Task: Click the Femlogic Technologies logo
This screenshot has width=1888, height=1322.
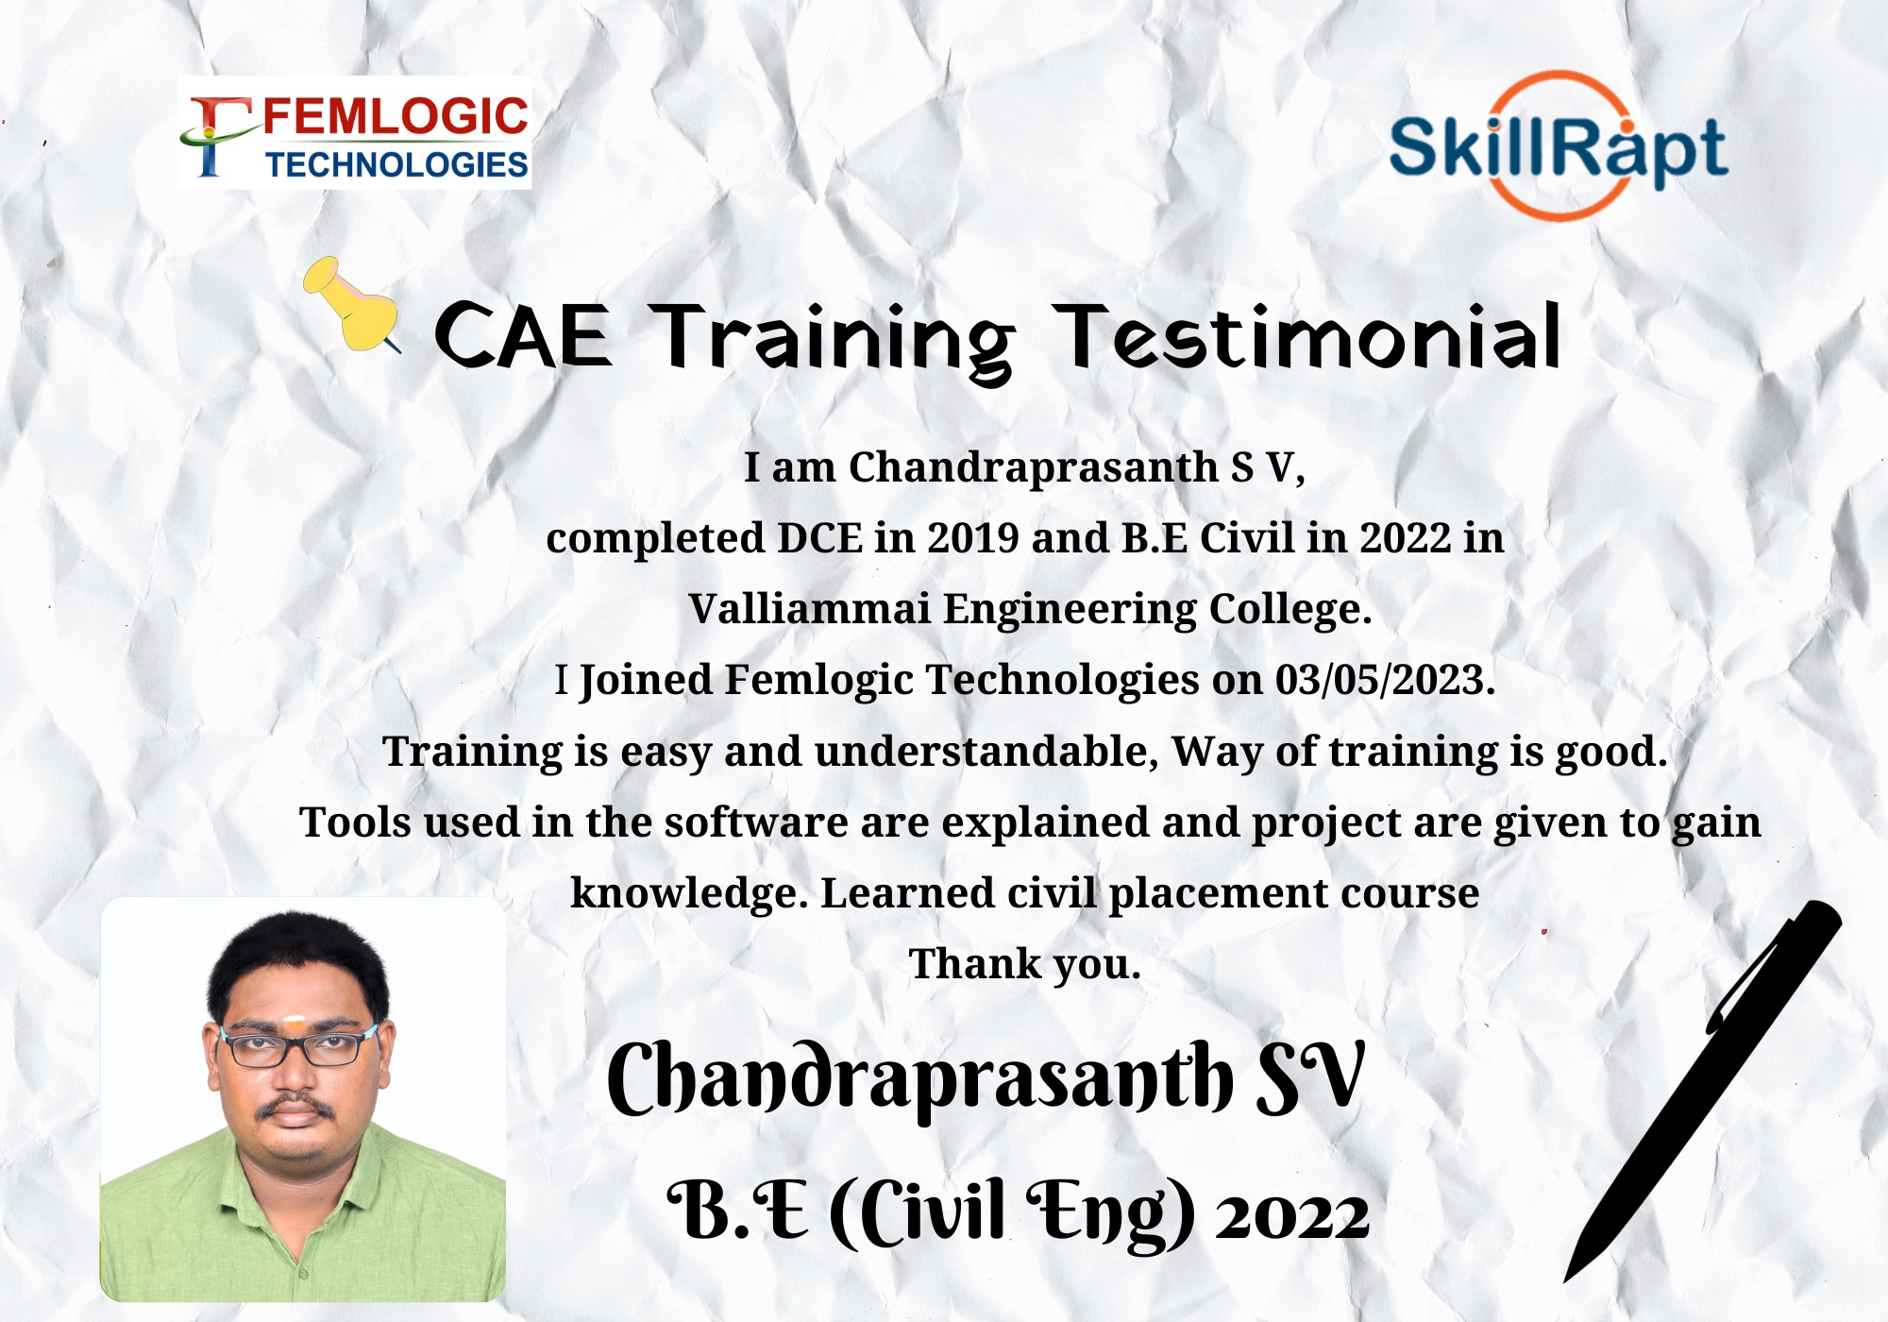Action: pyautogui.click(x=355, y=133)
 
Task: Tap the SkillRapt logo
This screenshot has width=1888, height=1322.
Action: pyautogui.click(x=1559, y=147)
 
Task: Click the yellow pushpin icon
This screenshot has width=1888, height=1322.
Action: pyautogui.click(x=351, y=305)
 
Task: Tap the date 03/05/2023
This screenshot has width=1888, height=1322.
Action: pyautogui.click(x=1385, y=680)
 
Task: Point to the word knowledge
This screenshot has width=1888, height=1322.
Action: pyautogui.click(x=690, y=894)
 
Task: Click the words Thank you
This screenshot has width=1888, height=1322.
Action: pyautogui.click(x=1024, y=965)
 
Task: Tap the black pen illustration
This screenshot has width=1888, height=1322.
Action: pyautogui.click(x=1702, y=1091)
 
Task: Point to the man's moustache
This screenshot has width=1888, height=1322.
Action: pyautogui.click(x=295, y=1107)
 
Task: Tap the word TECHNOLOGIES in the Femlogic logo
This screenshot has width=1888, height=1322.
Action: pyautogui.click(x=396, y=165)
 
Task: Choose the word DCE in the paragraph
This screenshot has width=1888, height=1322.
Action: pyautogui.click(x=819, y=538)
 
